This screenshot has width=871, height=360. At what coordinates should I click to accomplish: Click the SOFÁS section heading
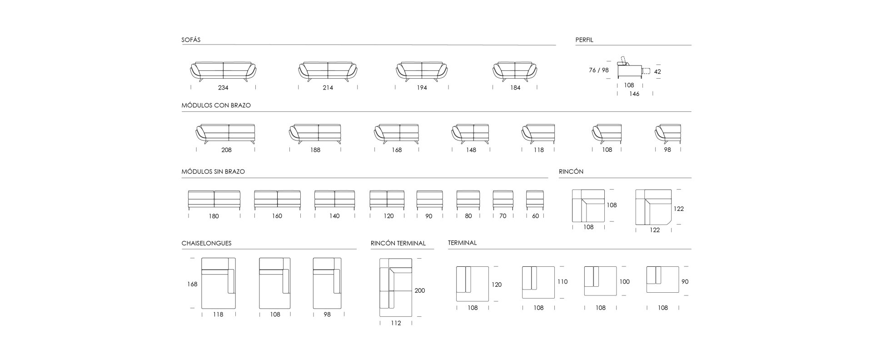tap(191, 40)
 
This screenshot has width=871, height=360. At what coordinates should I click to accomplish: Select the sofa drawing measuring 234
tap(223, 72)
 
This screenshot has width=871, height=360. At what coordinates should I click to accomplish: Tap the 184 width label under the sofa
tap(515, 88)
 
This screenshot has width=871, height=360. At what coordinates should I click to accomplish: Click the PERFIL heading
tap(584, 40)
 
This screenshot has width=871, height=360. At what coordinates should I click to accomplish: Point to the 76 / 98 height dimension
tap(598, 70)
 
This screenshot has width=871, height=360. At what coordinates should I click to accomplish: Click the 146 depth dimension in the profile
tap(634, 94)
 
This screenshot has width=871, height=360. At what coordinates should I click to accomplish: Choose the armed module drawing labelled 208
tap(225, 134)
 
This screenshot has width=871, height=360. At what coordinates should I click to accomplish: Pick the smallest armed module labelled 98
tap(668, 134)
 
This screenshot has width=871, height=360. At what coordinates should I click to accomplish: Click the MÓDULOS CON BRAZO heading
tap(216, 105)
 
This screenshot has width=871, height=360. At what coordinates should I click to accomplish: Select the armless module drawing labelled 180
tap(214, 200)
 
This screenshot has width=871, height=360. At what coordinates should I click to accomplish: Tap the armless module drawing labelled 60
tap(535, 200)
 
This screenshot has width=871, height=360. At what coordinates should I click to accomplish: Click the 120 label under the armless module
tap(388, 216)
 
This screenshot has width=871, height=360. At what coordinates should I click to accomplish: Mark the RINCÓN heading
tap(571, 171)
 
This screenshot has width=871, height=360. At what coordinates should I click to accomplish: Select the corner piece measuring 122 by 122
tap(653, 207)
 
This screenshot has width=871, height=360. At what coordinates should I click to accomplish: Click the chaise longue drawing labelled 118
tap(219, 283)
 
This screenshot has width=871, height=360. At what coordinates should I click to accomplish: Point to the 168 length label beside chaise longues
tap(192, 284)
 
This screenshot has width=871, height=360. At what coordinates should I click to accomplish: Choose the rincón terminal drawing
tap(396, 287)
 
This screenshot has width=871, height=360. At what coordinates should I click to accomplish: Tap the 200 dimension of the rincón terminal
tap(420, 290)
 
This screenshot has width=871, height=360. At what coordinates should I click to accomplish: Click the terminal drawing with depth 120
tap(473, 284)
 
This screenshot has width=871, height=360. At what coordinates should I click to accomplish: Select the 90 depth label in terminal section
tap(685, 282)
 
